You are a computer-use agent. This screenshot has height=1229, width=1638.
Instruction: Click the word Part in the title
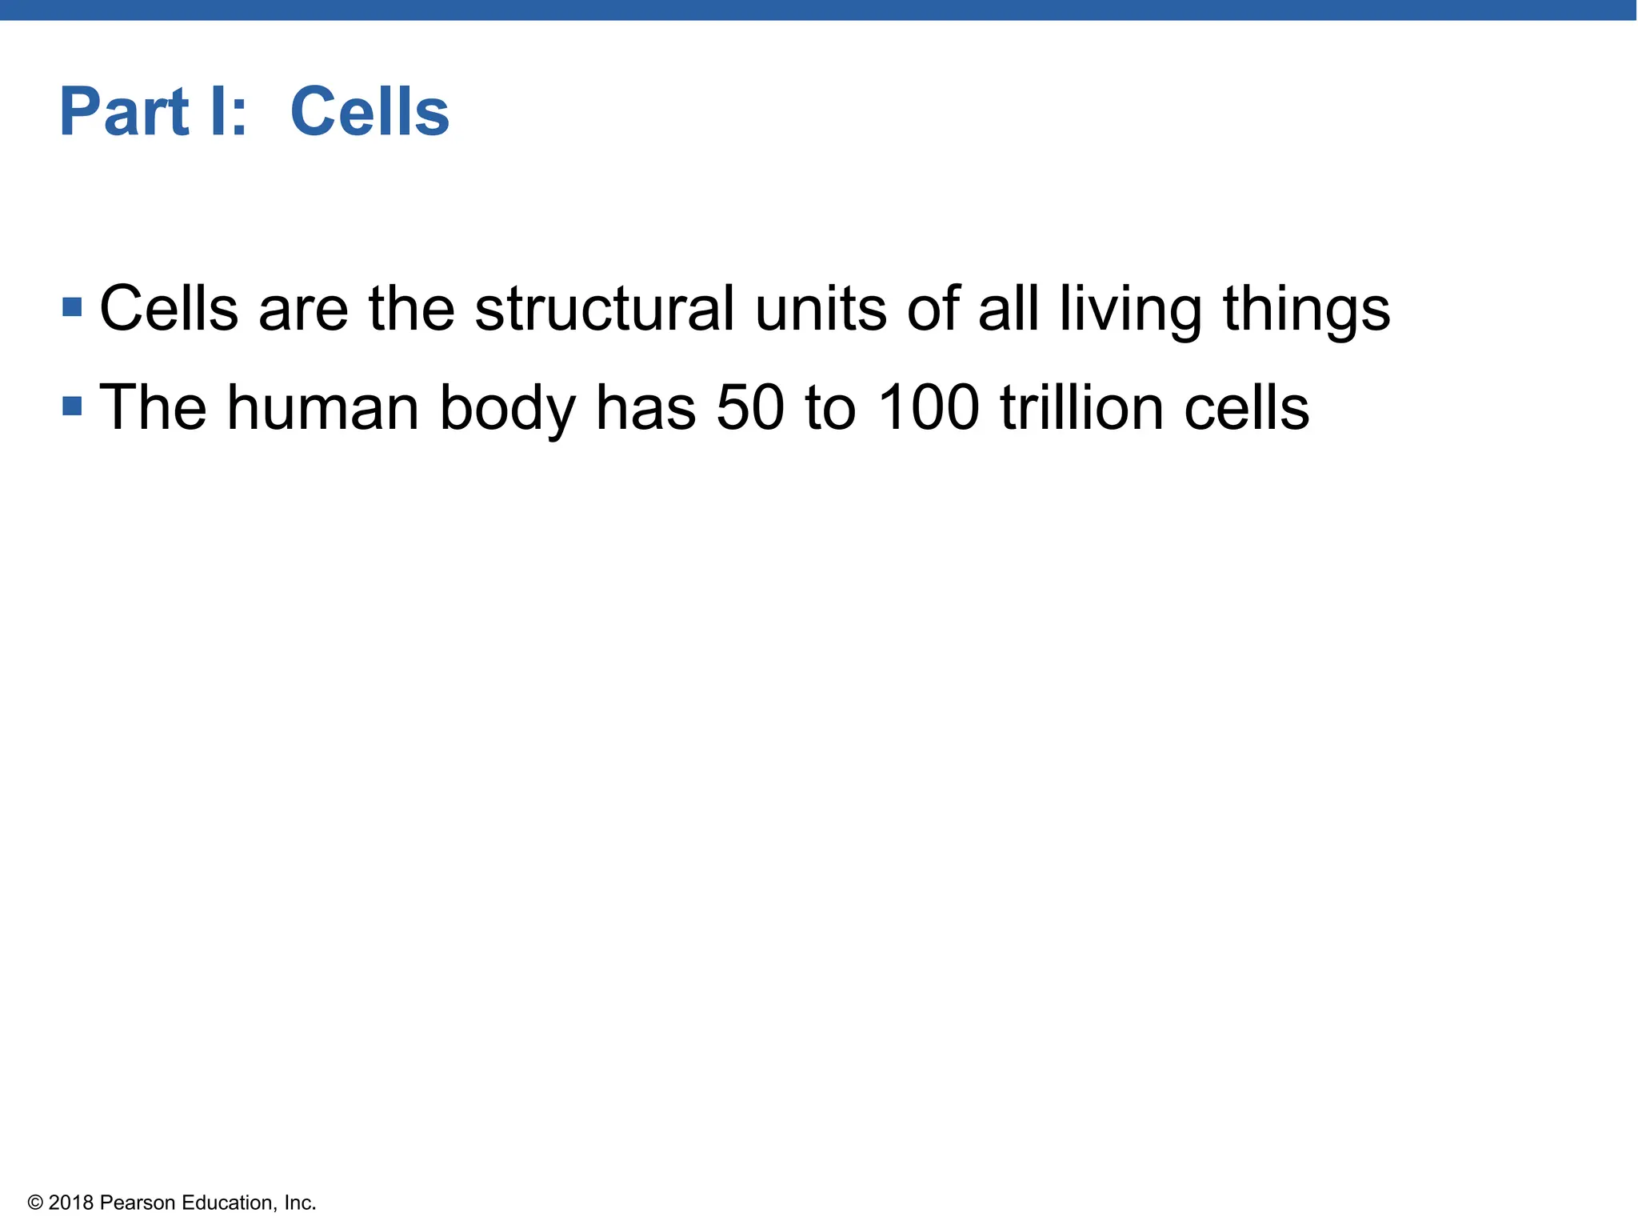[124, 112]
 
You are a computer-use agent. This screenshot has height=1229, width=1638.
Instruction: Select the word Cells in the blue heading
[370, 112]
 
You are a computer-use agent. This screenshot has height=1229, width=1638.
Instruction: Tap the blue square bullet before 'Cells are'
[72, 307]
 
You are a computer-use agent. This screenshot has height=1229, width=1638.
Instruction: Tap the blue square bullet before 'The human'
[72, 406]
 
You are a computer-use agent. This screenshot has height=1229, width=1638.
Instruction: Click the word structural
[604, 309]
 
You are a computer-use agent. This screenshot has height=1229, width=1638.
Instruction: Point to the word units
[821, 309]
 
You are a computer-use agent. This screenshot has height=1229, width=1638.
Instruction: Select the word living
[1130, 310]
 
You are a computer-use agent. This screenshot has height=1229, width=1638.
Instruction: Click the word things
[1306, 310]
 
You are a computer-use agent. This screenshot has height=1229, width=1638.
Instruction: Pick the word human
[323, 408]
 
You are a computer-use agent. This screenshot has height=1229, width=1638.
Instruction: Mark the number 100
[928, 408]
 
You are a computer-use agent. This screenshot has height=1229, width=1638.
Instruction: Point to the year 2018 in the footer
[71, 1203]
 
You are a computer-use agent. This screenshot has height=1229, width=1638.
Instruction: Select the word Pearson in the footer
[138, 1203]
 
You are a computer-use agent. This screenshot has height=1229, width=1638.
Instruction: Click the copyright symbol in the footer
[35, 1203]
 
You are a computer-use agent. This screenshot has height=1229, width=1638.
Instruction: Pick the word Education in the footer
[230, 1203]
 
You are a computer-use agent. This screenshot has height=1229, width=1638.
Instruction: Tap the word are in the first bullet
[303, 310]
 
